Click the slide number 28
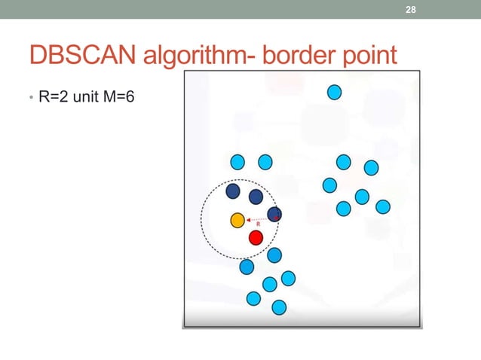click(410, 9)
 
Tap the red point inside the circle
click(256, 238)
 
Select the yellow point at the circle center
click(237, 221)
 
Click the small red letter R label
click(259, 224)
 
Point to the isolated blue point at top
click(335, 93)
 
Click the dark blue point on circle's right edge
click(274, 215)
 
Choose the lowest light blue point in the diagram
click(279, 307)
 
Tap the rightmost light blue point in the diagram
click(382, 206)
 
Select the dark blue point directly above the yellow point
click(234, 192)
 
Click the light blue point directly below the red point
click(274, 255)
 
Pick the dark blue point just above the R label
click(256, 197)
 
